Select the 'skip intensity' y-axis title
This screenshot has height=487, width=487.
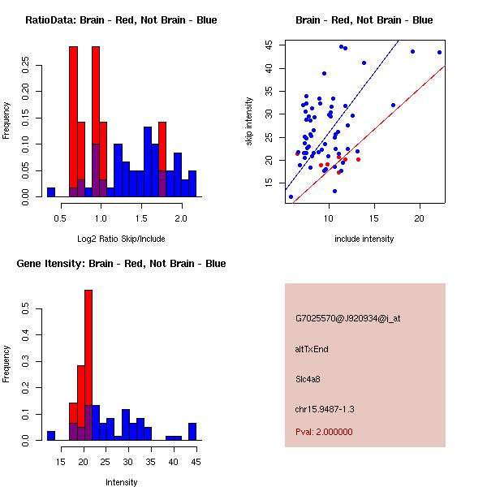(249, 122)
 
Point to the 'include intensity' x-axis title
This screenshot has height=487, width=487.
(364, 239)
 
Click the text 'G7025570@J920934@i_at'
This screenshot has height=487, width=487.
(348, 318)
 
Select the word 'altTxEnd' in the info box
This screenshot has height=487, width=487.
(312, 349)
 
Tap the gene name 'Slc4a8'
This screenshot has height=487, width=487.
(308, 378)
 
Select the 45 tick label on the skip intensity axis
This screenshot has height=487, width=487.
(268, 45)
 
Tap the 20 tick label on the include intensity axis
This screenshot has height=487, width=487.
(420, 218)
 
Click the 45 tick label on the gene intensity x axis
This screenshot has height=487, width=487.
(194, 462)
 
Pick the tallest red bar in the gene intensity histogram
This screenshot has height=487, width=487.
(88, 365)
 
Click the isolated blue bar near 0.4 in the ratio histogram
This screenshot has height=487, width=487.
(51, 192)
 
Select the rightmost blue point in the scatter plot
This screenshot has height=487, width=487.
(439, 52)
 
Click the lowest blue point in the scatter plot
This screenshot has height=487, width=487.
(291, 196)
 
